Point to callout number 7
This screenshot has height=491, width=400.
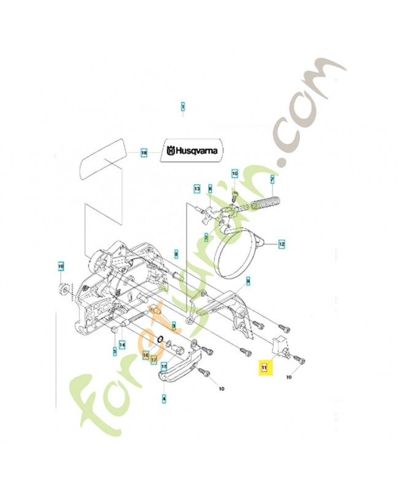tap(272, 179)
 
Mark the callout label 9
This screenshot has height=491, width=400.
tap(248, 281)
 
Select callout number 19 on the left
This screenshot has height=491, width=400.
tap(61, 266)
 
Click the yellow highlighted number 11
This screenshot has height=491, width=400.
tap(264, 368)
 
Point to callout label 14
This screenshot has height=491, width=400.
tap(122, 344)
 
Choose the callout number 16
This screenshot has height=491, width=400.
tap(145, 354)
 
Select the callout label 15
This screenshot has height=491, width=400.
tap(164, 366)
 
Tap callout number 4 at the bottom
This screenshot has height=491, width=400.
tap(164, 398)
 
